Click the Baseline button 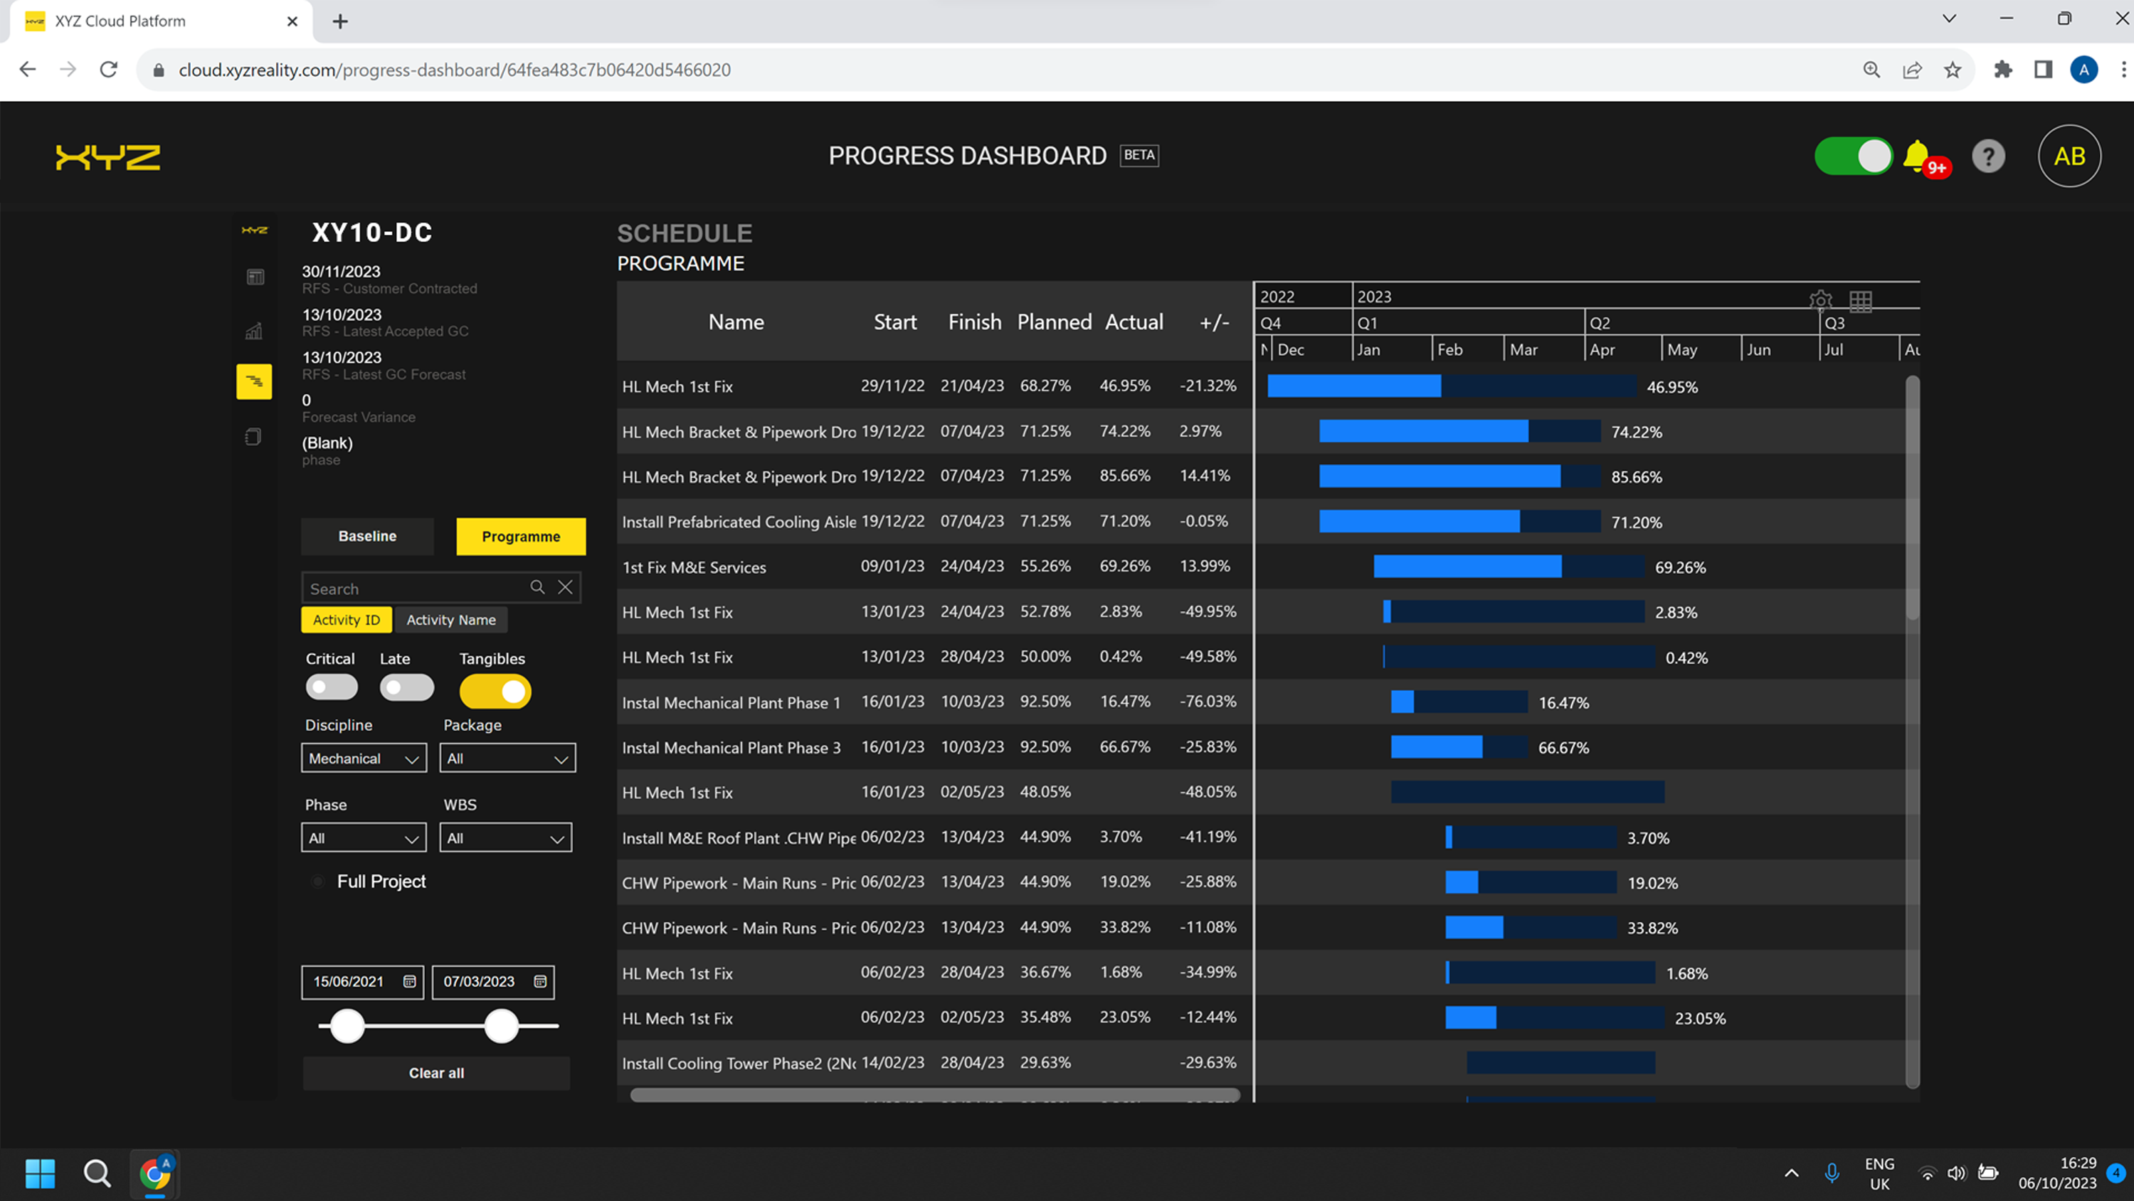tap(367, 536)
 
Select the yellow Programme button tap(520, 536)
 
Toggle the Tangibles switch tap(495, 692)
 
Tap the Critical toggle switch tap(332, 687)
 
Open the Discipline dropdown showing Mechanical tap(364, 758)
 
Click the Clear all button tap(435, 1073)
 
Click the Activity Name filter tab tap(450, 620)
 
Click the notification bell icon tap(1916, 155)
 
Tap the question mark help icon tap(1987, 156)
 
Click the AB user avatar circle tap(2069, 156)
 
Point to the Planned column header tap(1054, 322)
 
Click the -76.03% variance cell tap(1208, 702)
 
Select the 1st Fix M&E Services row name tap(694, 567)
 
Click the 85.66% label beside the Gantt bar tap(1636, 477)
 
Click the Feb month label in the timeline tap(1449, 349)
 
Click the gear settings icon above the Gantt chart tap(1820, 300)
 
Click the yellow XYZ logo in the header tap(107, 157)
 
